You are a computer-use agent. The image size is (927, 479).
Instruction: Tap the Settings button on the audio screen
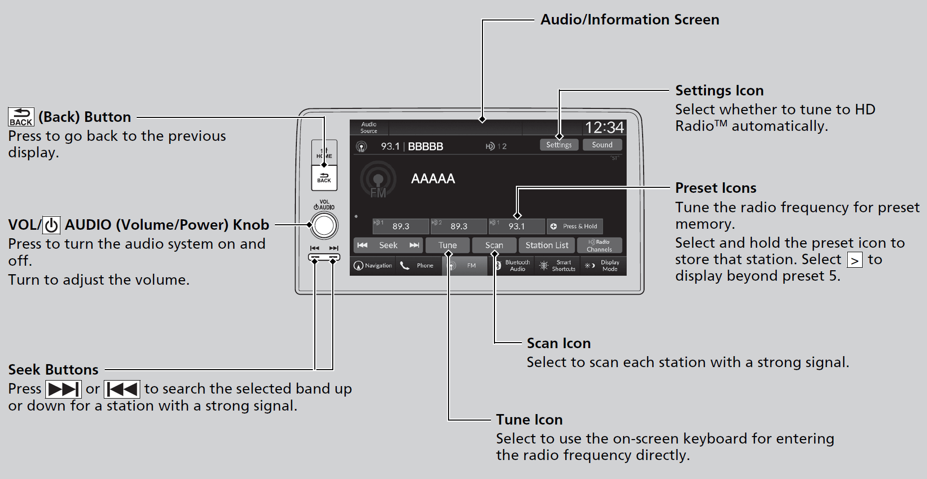point(559,145)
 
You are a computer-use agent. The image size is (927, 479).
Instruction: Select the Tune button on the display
point(448,245)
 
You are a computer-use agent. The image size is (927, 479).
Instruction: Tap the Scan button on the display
point(494,245)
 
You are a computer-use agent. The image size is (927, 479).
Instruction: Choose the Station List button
point(547,245)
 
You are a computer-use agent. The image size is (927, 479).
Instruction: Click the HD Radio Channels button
point(599,245)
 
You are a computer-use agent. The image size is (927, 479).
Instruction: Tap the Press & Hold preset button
point(575,226)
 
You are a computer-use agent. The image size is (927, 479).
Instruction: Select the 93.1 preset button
point(516,226)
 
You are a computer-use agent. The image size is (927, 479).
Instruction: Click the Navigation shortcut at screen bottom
point(373,266)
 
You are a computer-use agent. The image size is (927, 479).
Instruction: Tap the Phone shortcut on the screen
point(418,266)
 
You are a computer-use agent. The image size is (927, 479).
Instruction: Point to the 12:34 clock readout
point(604,128)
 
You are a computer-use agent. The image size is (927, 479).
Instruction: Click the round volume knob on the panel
point(324,226)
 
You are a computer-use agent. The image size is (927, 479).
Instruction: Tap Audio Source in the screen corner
point(369,128)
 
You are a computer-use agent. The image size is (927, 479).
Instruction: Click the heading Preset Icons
point(715,188)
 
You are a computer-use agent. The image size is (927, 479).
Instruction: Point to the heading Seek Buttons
point(53,370)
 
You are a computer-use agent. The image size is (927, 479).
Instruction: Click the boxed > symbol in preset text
point(855,260)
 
